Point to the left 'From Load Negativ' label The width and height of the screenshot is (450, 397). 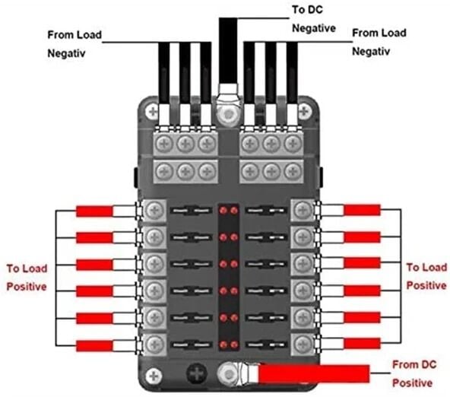[73, 44]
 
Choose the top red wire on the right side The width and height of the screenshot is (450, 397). [361, 210]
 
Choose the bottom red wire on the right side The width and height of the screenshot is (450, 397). [361, 343]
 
